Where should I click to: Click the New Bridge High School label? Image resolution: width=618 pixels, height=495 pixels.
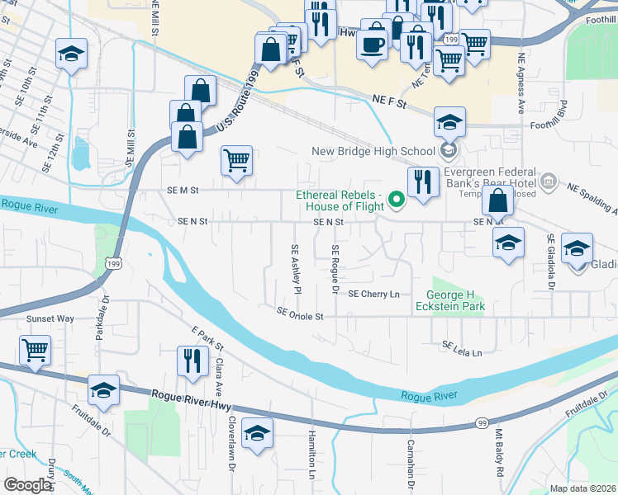click(x=373, y=151)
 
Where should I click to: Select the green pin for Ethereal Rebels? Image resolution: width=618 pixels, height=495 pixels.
click(x=397, y=199)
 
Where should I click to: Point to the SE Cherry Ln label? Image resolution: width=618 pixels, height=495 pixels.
click(x=373, y=294)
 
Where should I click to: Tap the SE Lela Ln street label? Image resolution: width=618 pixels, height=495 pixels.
click(x=462, y=349)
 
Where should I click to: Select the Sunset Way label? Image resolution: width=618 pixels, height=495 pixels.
click(x=51, y=318)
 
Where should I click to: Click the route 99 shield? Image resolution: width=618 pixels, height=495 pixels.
click(x=481, y=422)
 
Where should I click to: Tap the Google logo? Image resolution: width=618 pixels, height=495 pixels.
click(x=26, y=485)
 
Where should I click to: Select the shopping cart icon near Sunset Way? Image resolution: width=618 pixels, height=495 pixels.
click(x=35, y=350)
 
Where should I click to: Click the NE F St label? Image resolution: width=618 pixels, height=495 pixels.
click(x=391, y=103)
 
